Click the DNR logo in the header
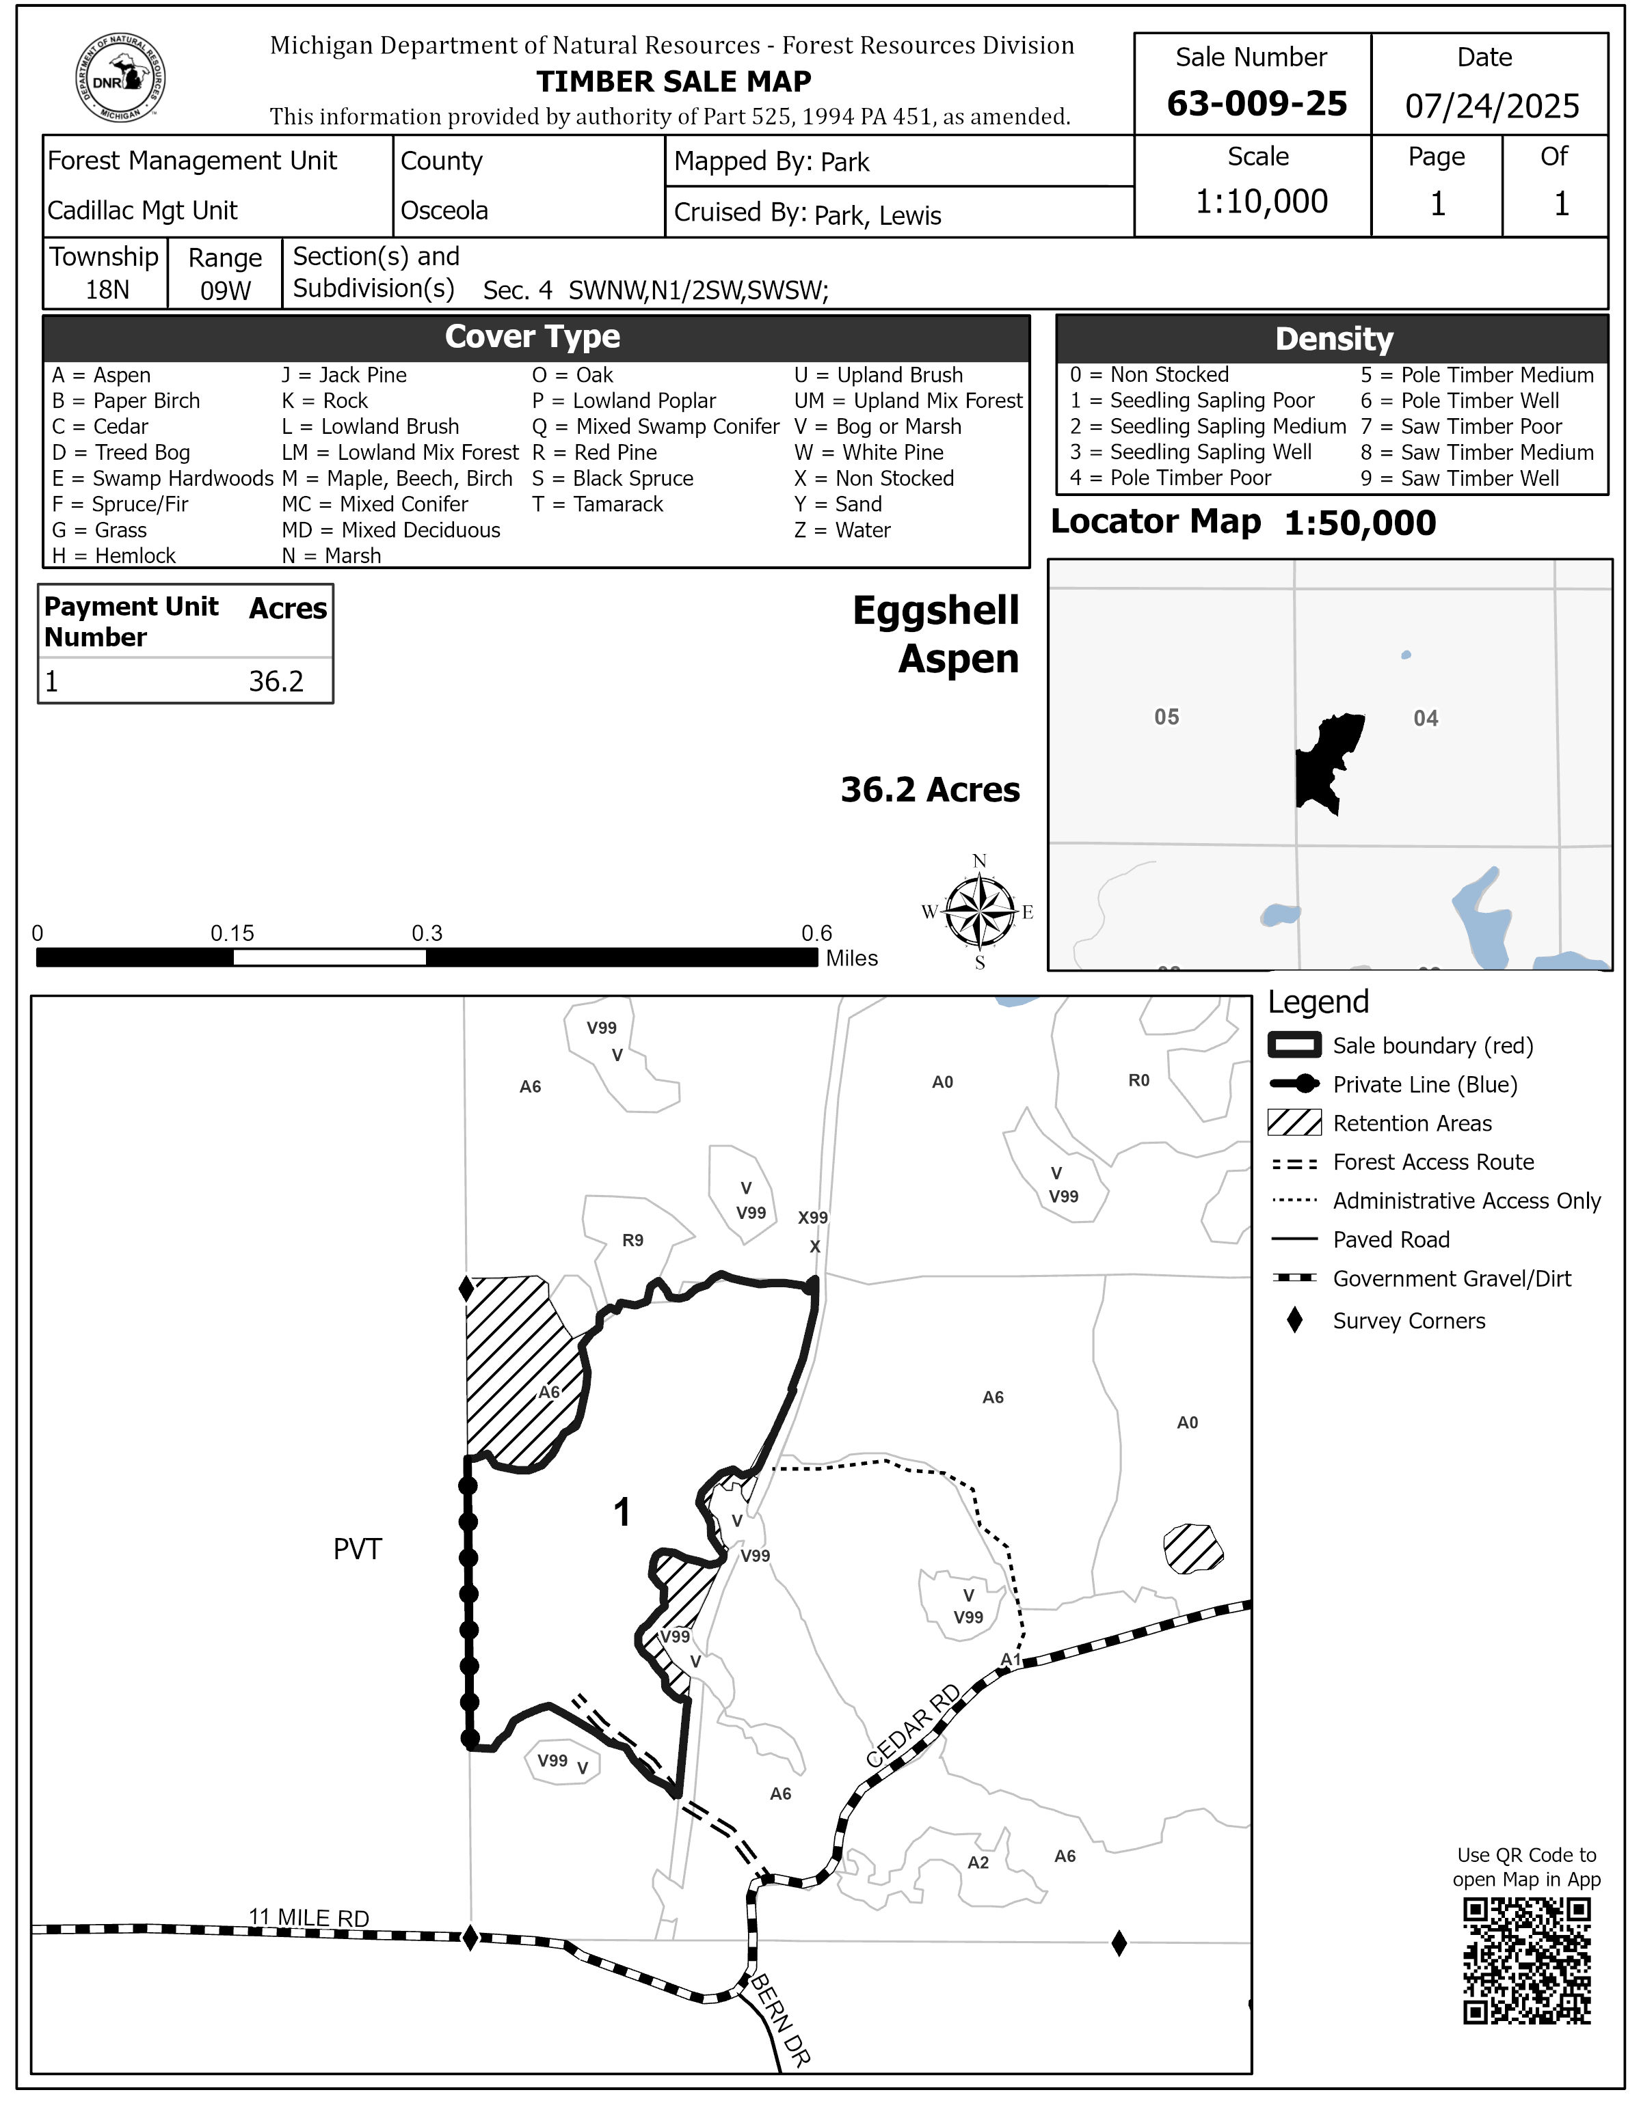(x=120, y=79)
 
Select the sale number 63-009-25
(x=1256, y=104)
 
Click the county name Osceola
(x=444, y=210)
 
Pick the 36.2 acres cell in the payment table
(x=276, y=682)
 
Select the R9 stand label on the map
(x=632, y=1241)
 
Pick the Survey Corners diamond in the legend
(x=1294, y=1321)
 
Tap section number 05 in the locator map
(x=1166, y=717)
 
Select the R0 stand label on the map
(x=1138, y=1080)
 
